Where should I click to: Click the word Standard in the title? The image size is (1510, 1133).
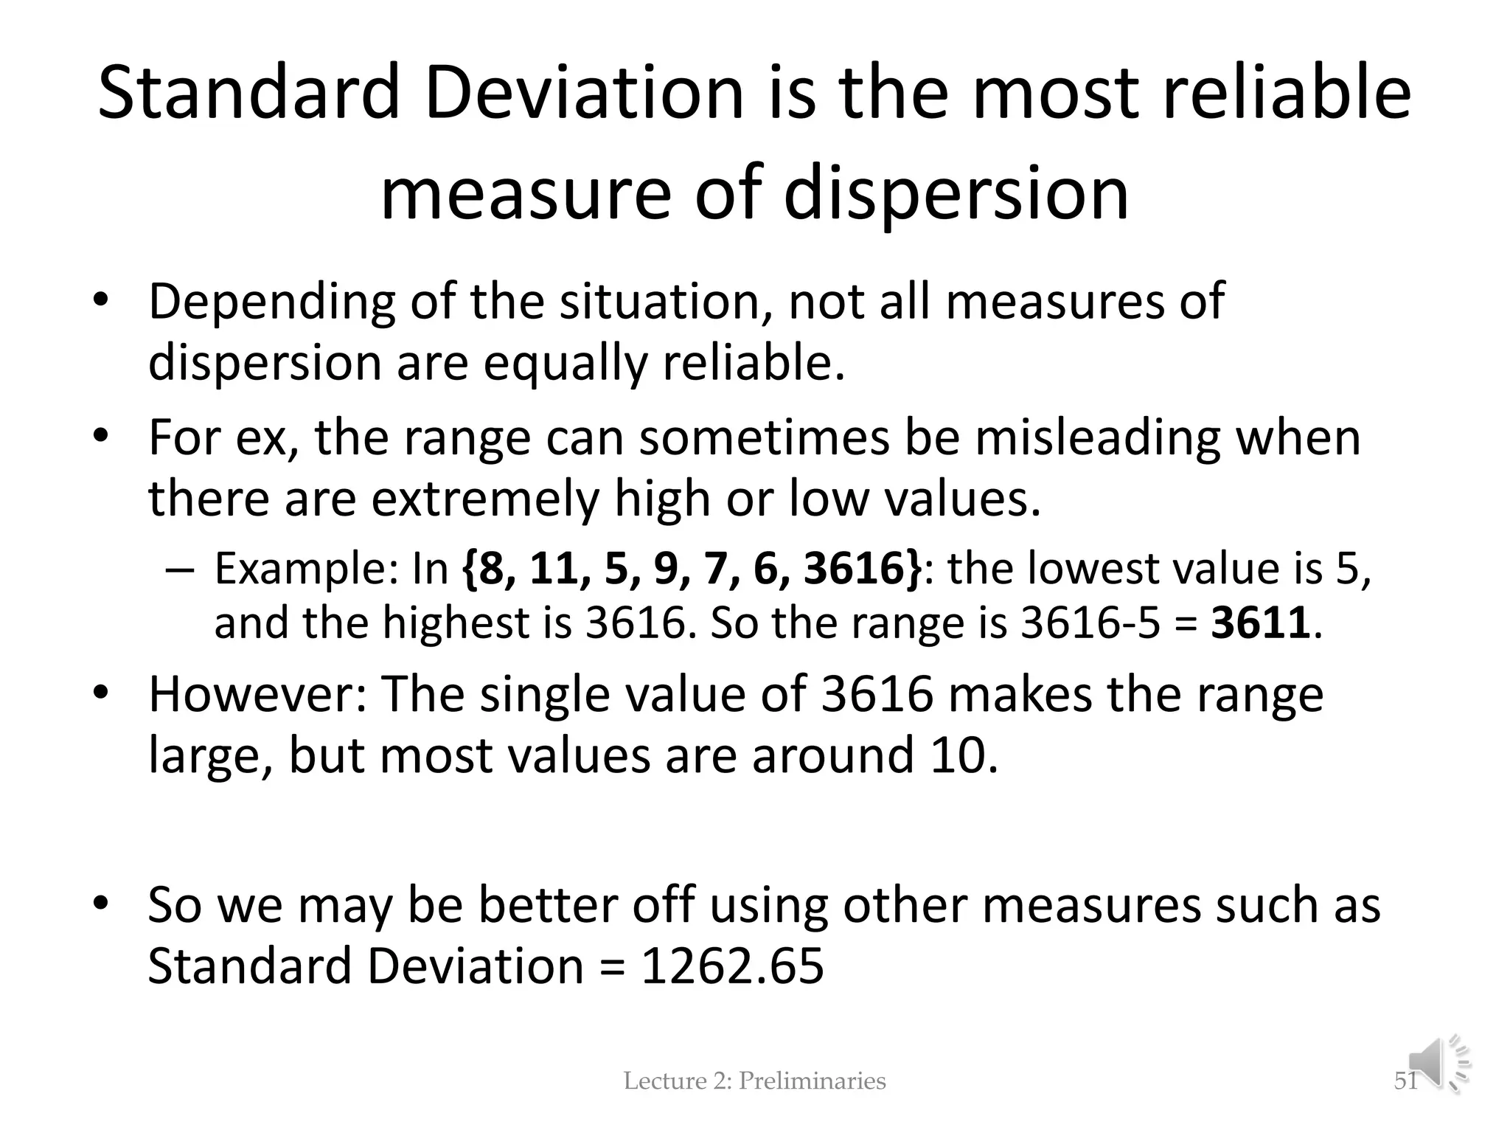[x=248, y=94]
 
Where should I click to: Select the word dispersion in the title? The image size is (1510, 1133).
[x=956, y=193]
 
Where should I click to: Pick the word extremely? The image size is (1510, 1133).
[x=482, y=499]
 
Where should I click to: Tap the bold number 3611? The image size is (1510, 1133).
[x=1260, y=623]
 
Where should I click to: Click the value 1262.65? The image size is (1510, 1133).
[x=731, y=966]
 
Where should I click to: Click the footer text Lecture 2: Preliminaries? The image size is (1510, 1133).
[x=754, y=1081]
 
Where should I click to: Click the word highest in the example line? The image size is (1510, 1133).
[x=457, y=623]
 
